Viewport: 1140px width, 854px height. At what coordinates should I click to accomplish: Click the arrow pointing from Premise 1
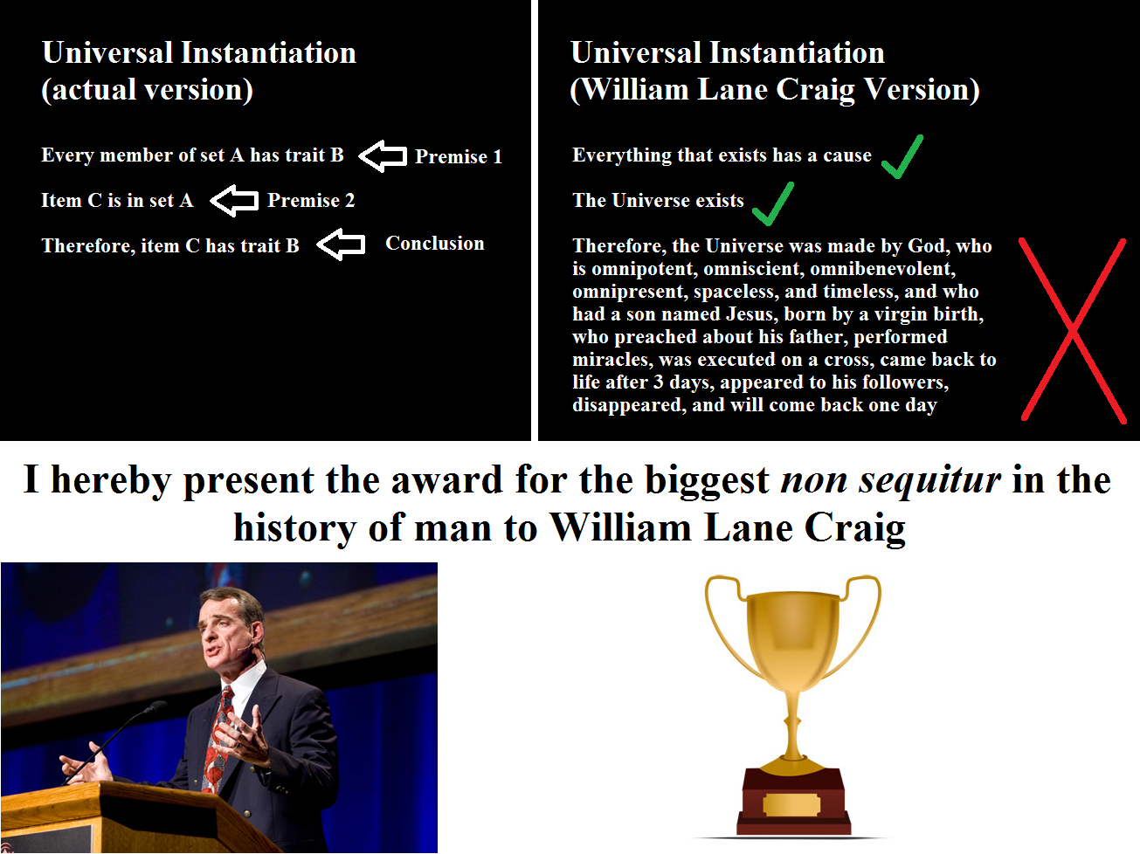pos(383,155)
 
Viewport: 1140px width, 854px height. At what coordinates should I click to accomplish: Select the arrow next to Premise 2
pos(234,200)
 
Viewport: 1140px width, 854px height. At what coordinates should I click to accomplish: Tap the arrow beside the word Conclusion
pos(341,244)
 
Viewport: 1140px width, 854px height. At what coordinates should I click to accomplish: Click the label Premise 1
pos(458,156)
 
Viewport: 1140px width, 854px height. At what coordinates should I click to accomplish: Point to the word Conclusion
pos(435,243)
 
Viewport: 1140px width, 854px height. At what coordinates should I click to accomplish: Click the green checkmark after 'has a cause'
pos(902,156)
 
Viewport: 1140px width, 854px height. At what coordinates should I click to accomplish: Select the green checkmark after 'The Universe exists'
pos(773,203)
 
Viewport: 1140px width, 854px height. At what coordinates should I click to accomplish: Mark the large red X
pos(1073,330)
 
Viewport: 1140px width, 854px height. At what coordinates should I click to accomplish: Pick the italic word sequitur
pos(929,479)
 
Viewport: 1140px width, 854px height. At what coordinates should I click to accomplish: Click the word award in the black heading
pos(446,479)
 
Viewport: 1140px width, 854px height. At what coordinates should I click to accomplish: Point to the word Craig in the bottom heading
pos(854,528)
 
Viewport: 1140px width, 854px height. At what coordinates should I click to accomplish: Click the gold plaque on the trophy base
pos(791,805)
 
